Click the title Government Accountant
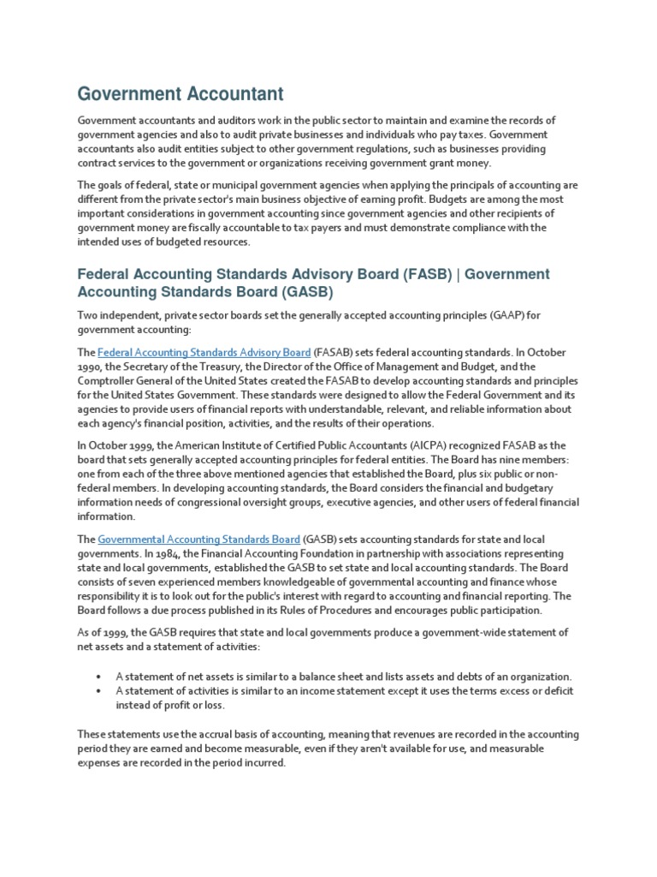(181, 93)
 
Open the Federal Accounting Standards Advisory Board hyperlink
(204, 353)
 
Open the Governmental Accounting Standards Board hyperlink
(198, 540)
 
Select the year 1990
(90, 367)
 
